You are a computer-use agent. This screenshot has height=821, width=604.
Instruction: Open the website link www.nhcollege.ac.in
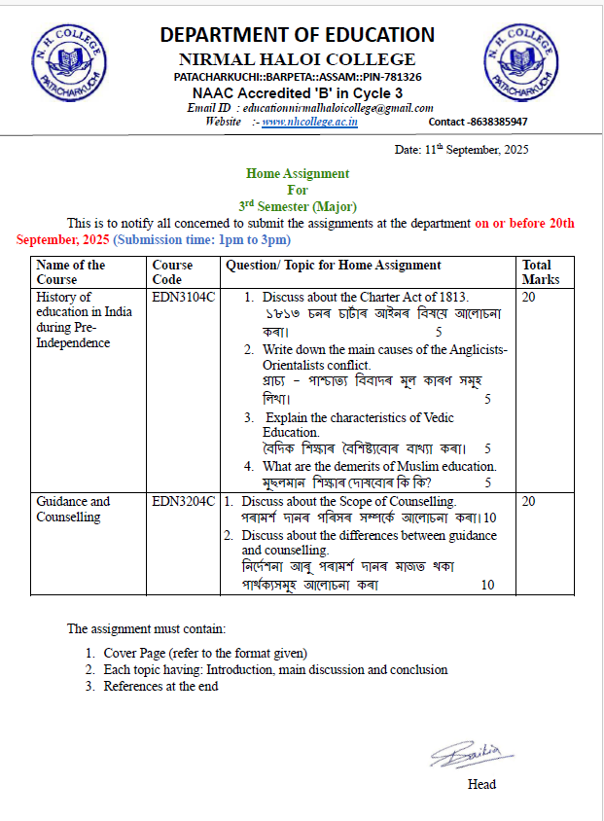(x=309, y=122)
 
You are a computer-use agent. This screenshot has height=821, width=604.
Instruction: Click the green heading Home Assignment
(x=298, y=174)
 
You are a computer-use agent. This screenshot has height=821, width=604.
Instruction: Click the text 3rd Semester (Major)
(x=298, y=206)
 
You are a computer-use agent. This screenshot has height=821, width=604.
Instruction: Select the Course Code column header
(x=173, y=271)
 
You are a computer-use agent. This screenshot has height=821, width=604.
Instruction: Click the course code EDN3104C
(x=184, y=297)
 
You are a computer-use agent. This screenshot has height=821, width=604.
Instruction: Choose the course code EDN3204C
(x=184, y=501)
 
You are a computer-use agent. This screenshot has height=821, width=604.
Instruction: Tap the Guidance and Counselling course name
(x=73, y=509)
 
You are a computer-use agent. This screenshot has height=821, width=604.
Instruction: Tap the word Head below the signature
(x=481, y=784)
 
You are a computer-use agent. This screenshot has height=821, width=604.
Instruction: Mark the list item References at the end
(x=160, y=686)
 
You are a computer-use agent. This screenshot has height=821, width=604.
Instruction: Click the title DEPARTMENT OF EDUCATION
(x=298, y=35)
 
